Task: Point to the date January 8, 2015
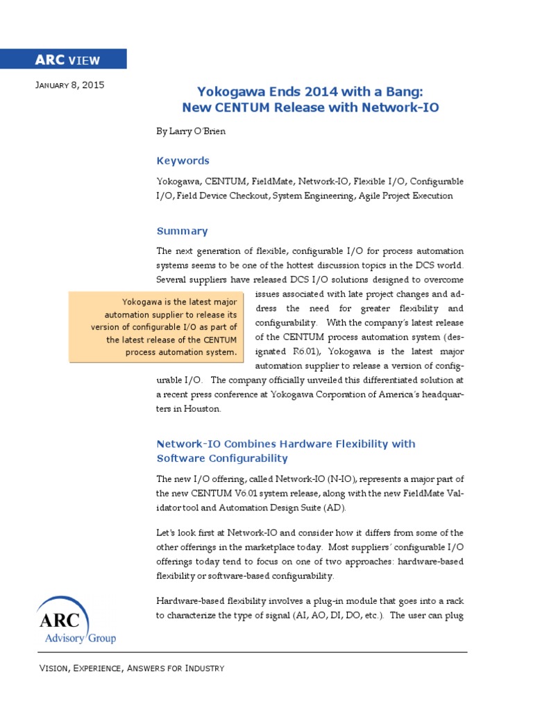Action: [x=69, y=85]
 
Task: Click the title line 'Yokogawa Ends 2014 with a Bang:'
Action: [x=310, y=92]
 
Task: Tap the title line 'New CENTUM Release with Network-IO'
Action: [x=310, y=107]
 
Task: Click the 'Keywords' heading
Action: [x=183, y=160]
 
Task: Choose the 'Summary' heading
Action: [x=182, y=231]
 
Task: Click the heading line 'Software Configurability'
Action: [x=222, y=458]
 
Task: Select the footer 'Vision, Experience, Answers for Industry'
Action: [x=131, y=668]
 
